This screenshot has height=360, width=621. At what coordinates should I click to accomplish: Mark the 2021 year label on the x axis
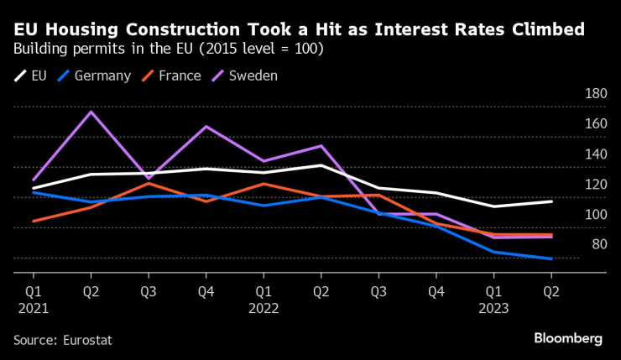pos(34,308)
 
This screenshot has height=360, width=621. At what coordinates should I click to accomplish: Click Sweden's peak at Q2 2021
pos(91,112)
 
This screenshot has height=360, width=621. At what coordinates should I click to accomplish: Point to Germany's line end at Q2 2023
pos(551,258)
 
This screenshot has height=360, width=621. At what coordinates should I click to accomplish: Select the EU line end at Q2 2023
pos(551,201)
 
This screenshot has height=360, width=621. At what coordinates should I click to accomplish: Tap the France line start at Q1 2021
pos(33,222)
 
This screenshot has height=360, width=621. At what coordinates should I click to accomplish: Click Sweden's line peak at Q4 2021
pos(206,127)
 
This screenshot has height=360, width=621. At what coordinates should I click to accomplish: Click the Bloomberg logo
pos(568,338)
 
